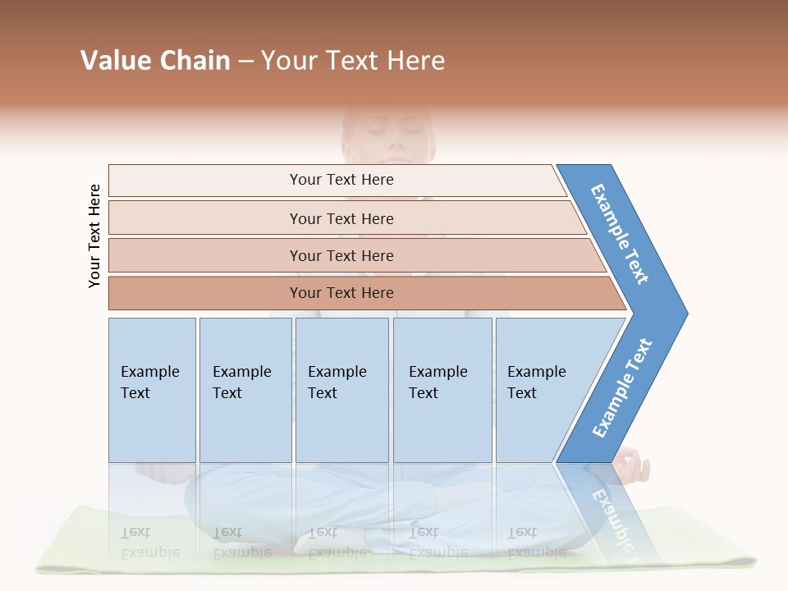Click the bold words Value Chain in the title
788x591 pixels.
pos(155,61)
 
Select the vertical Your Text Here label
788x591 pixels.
pos(94,236)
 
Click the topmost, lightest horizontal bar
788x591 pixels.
pos(341,180)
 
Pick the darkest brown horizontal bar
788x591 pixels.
pos(341,293)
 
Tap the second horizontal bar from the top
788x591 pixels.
pos(341,218)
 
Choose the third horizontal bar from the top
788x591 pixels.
pos(341,255)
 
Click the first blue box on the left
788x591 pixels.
pos(152,390)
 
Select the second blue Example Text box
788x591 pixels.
pos(245,390)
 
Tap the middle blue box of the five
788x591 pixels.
pos(341,390)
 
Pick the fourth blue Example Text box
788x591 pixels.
pos(442,390)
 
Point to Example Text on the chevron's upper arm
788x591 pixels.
pos(621,234)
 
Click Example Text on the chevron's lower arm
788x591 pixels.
pos(622,388)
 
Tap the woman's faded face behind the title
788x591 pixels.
pos(386,135)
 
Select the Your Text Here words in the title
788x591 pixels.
pos(353,61)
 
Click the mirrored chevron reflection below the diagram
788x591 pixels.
pos(607,509)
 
